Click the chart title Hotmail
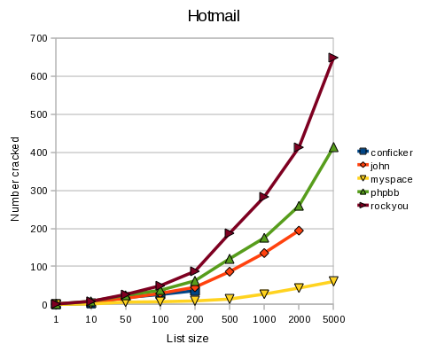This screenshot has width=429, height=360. (x=214, y=16)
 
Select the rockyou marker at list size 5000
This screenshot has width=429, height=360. (x=333, y=58)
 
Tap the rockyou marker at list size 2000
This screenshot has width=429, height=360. (x=299, y=147)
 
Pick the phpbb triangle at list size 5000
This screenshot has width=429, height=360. (x=333, y=147)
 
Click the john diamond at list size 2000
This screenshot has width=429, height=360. (x=299, y=231)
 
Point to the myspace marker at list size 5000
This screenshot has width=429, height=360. (x=333, y=281)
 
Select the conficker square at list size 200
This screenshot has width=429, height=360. (x=195, y=292)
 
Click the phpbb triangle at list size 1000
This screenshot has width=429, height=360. (x=264, y=238)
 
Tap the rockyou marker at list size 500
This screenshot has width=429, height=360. (x=229, y=233)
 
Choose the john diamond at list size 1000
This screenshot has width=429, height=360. (x=264, y=253)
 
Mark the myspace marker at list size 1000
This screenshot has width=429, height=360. (x=264, y=293)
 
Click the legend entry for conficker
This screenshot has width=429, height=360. (x=385, y=153)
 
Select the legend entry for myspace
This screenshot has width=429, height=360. (x=385, y=179)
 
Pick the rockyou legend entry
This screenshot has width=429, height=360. (x=383, y=206)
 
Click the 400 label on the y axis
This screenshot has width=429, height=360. (x=39, y=153)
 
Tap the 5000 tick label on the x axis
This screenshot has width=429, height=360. (x=334, y=319)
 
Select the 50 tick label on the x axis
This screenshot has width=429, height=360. (x=126, y=319)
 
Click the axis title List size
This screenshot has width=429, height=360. (x=188, y=339)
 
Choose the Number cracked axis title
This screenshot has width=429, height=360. (x=15, y=179)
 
